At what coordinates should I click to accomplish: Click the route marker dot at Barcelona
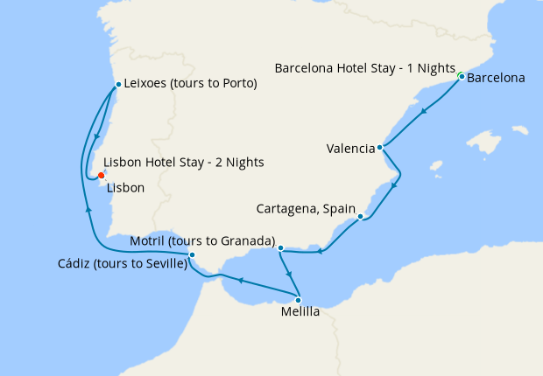pos(462,77)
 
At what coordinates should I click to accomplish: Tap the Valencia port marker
pos(379,148)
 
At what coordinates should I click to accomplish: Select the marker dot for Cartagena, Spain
pos(360,216)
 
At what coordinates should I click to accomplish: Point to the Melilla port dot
pos(298,300)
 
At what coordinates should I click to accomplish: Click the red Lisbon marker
pos(101,175)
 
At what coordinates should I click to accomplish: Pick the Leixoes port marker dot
pos(118,85)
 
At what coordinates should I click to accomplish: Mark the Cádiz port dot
pos(192,255)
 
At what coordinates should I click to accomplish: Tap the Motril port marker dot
pos(280,248)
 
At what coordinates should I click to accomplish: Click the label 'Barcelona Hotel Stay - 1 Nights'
pos(364,68)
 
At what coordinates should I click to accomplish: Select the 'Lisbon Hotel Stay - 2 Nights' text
pos(183,163)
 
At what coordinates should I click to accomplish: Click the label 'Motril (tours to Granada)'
pos(202,240)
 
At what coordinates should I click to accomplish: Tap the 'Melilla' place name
pos(301,312)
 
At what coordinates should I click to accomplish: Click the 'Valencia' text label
pos(350,149)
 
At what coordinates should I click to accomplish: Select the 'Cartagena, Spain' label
pos(305,210)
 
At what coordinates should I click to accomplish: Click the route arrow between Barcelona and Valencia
pos(424,111)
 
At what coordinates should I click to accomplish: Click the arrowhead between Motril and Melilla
pos(288,274)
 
